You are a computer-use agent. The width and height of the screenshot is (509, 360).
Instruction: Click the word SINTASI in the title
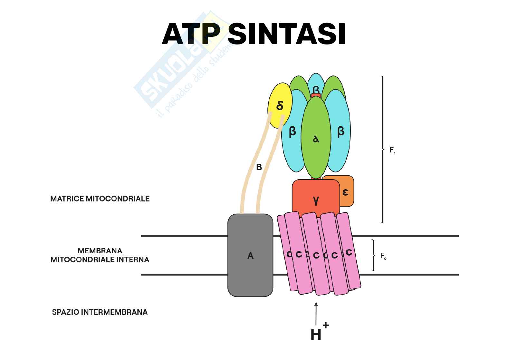tap(286, 34)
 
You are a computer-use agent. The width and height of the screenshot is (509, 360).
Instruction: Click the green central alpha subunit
tap(316, 139)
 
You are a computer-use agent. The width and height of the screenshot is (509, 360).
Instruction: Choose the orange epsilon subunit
tap(346, 192)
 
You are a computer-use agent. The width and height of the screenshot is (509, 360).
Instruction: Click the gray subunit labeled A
tap(250, 256)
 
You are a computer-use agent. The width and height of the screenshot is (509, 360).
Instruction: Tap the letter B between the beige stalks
tap(259, 168)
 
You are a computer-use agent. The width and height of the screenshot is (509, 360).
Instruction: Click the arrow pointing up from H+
tap(316, 313)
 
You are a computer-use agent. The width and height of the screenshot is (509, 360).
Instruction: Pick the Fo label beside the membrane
tap(383, 256)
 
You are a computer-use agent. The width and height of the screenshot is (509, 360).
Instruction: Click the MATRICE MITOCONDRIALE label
tap(100, 199)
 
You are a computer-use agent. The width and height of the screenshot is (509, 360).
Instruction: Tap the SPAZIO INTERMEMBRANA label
tap(100, 312)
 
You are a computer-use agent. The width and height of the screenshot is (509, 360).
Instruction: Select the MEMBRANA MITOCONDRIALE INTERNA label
tap(100, 255)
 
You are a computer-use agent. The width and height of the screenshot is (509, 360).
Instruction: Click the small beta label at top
tap(316, 89)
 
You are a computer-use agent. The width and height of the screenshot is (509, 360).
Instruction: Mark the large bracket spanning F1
tap(382, 149)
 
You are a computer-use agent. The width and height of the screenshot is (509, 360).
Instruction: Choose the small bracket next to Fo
tap(373, 255)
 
